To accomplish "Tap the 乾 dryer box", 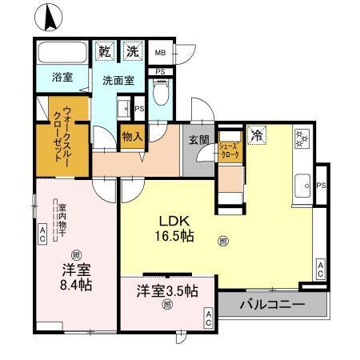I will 104,51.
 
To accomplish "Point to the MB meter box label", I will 160,54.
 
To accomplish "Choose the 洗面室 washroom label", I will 117,81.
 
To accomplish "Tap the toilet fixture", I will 161,96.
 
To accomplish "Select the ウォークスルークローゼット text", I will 63,136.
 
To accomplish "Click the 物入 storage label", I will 132,137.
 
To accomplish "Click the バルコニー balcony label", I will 272,305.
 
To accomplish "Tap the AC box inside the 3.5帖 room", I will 208,319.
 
